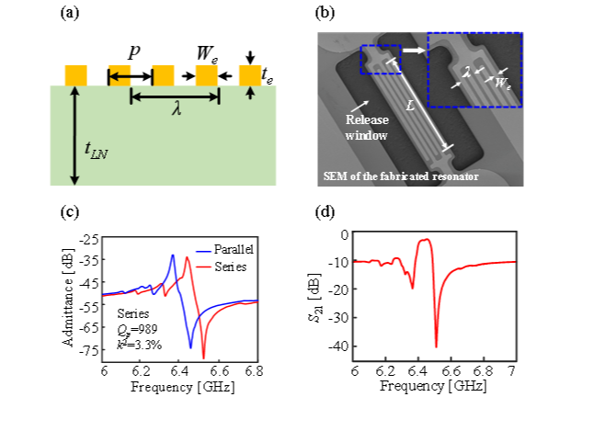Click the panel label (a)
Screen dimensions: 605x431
tap(70, 13)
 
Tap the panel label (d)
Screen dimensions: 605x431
tap(325, 211)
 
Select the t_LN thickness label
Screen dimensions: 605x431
tap(96, 150)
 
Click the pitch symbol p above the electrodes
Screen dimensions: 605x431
tap(134, 52)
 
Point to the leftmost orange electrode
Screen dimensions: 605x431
tap(75, 75)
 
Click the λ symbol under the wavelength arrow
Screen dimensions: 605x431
tap(177, 109)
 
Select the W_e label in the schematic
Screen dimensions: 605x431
tap(207, 53)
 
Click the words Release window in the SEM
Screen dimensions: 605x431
tap(367, 128)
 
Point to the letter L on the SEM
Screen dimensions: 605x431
tap(410, 106)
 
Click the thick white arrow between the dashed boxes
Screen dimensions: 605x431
tap(414, 51)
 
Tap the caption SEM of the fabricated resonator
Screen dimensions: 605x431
tap(401, 176)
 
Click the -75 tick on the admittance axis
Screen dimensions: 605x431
tap(89, 350)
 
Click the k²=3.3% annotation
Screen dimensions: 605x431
tap(139, 345)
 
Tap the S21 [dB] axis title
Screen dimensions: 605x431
tap(315, 298)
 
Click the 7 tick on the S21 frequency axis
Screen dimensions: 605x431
tap(511, 371)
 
